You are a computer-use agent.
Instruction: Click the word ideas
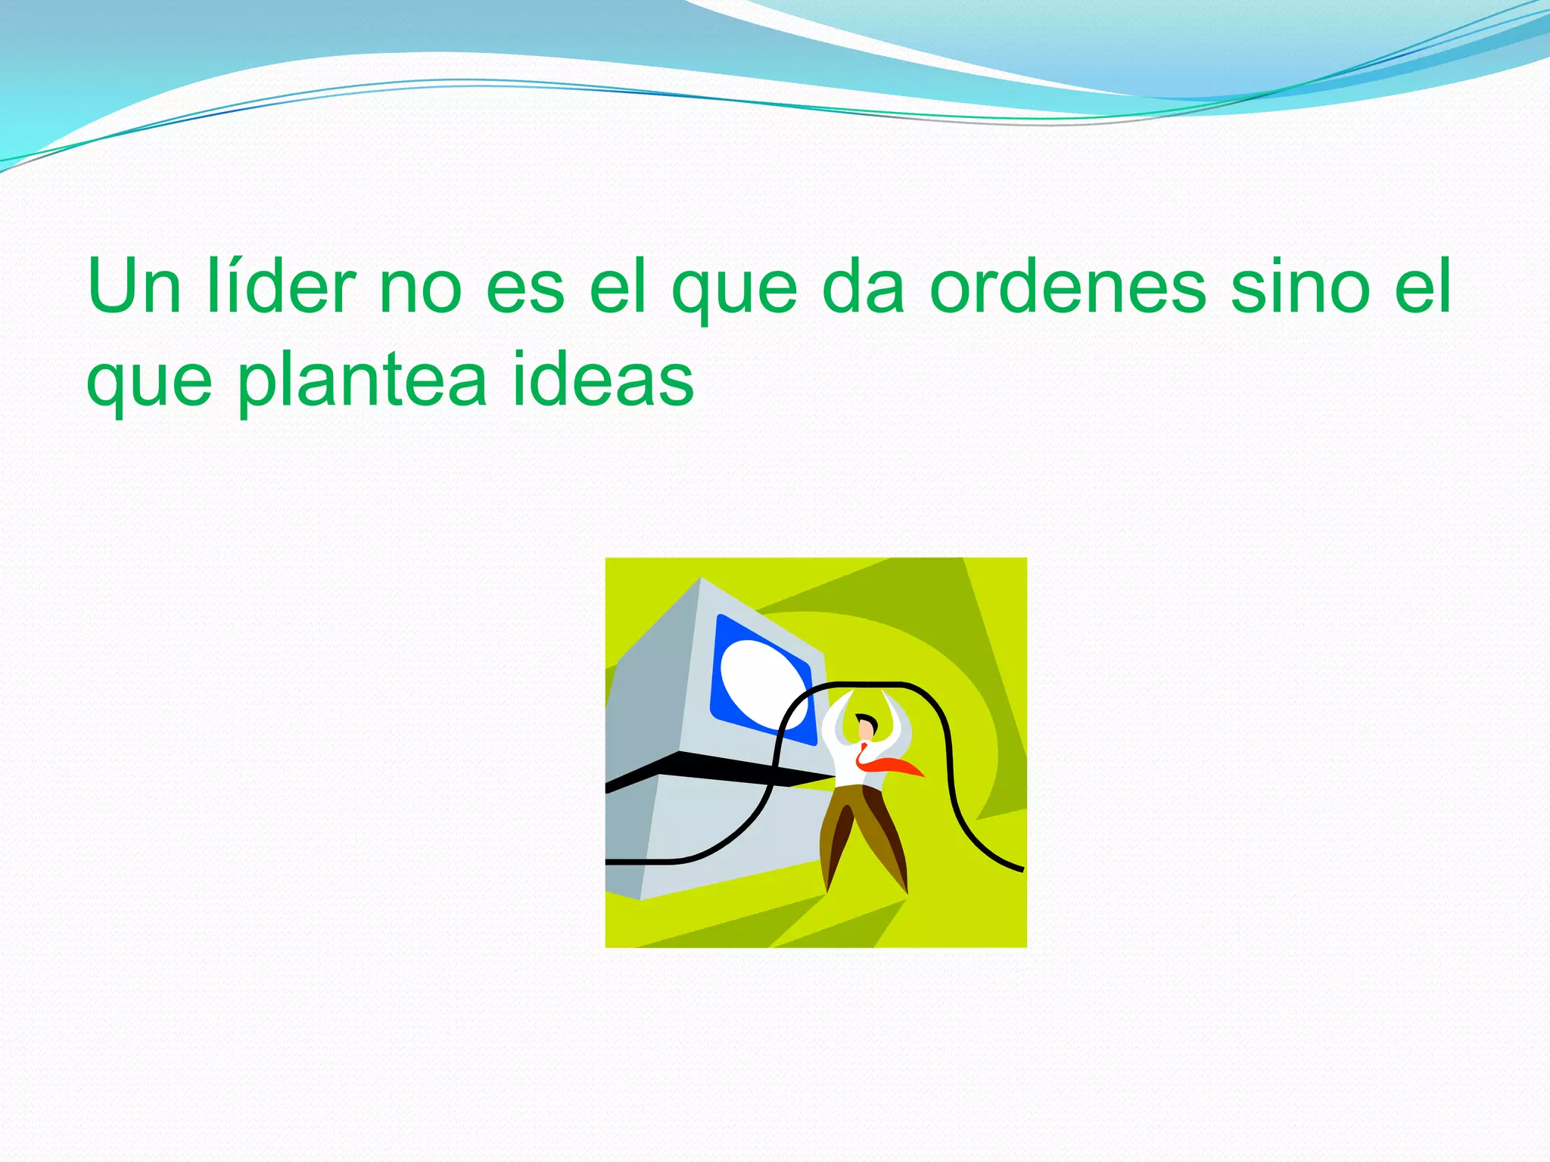coord(603,380)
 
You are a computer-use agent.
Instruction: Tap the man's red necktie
coord(893,765)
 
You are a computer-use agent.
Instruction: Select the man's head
coord(865,727)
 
